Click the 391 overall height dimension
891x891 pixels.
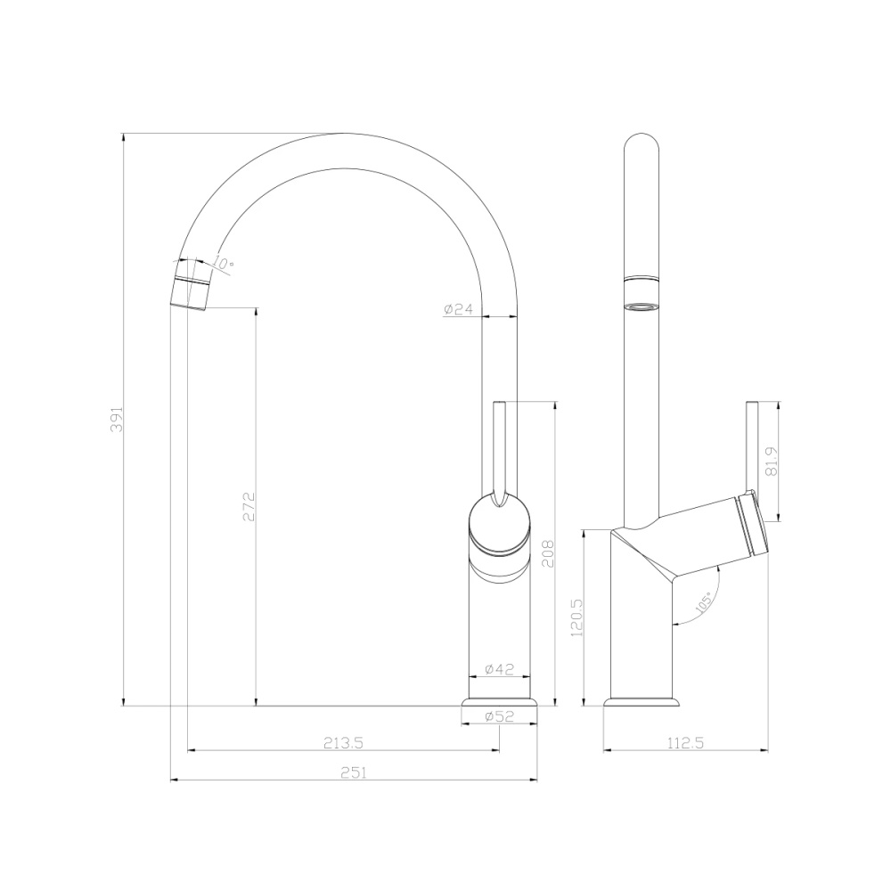tap(115, 420)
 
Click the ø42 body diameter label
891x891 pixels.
tap(499, 669)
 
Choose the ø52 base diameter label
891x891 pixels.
tap(499, 715)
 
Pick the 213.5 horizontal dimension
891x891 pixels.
tap(342, 741)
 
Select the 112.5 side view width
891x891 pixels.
tap(686, 741)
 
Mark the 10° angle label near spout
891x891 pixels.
tap(224, 264)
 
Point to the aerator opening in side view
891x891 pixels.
tap(642, 308)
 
